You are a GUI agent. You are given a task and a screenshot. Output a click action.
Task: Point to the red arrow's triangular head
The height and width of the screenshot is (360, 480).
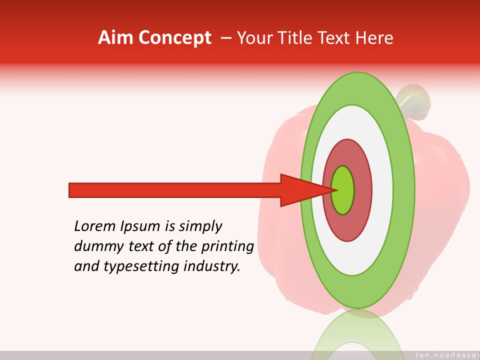point(300,190)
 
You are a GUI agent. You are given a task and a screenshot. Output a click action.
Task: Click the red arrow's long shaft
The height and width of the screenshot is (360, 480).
point(175,190)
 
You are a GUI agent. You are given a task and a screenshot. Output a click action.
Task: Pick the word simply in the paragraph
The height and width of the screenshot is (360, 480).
point(200,226)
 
